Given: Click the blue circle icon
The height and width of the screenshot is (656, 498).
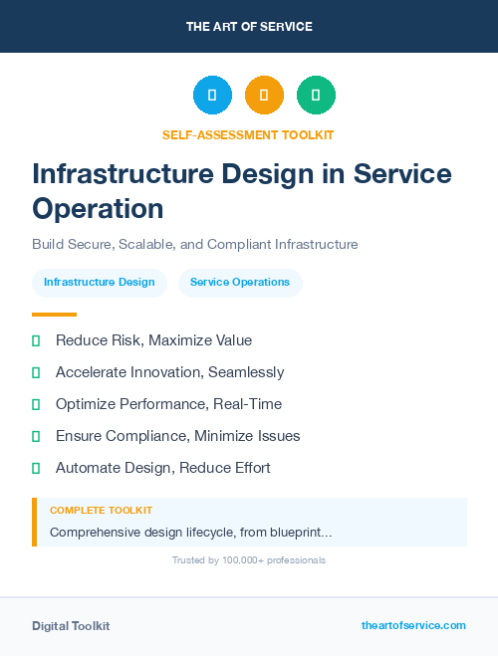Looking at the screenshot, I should coord(212,96).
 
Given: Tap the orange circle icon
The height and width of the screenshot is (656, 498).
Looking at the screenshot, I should coord(264,96).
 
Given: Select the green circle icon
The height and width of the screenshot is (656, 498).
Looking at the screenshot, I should coord(316,96).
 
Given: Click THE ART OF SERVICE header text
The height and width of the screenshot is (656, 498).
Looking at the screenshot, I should coord(249,27).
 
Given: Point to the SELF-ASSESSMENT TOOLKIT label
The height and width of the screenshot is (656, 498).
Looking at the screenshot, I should coord(248,134).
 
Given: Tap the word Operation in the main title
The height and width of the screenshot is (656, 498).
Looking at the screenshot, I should coord(98,208).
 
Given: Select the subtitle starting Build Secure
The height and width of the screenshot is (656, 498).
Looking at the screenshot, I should coord(194,244).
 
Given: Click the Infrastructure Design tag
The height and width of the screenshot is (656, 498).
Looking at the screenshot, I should coord(100,282).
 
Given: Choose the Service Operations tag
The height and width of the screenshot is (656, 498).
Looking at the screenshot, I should coord(240,282).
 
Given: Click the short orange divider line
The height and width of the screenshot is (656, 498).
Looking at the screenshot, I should coord(54,315).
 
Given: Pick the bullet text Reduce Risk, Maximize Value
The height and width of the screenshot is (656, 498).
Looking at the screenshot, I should coord(153,340).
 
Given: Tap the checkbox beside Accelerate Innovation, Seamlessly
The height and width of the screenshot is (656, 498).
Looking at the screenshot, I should coord(36,372).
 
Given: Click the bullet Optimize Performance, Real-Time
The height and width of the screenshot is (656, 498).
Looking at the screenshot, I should coord(168,404).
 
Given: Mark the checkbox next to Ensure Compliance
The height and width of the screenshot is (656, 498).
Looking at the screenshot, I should coord(36,436).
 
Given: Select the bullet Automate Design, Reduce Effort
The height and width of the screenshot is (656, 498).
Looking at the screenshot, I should coord(162,468).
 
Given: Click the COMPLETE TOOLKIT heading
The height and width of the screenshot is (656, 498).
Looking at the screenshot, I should coord(101,510).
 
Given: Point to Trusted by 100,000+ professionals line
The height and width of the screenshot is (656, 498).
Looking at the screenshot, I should coord(249,560).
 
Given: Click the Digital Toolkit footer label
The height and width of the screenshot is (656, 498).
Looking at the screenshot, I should coord(71,626).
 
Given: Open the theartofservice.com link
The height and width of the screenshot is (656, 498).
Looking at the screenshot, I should coord(413,625).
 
